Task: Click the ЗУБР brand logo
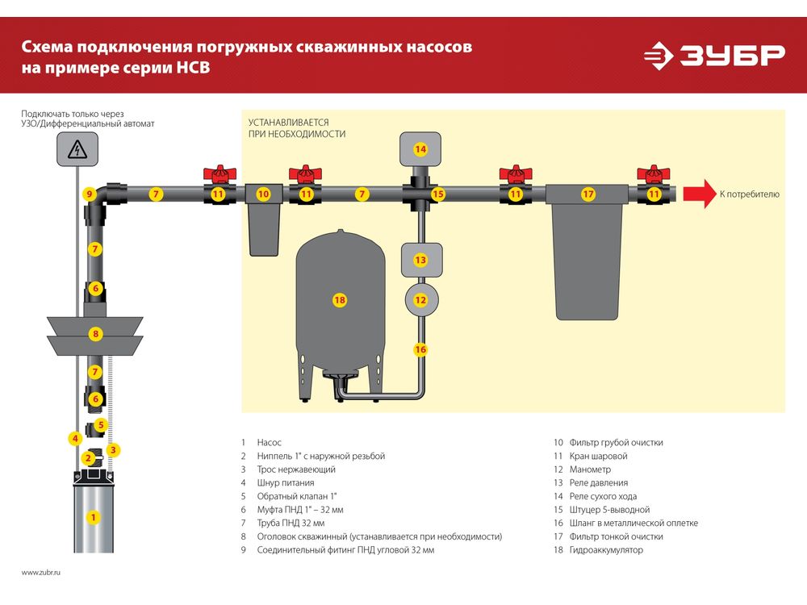point(714,56)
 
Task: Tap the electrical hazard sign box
point(77,149)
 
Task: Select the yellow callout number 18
point(339,300)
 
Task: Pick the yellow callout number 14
point(420,149)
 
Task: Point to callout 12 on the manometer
point(420,300)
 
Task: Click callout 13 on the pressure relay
point(420,260)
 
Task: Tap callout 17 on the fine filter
point(588,194)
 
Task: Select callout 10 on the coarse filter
point(263,194)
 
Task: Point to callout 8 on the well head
point(95,333)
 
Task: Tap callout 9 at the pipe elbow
point(90,194)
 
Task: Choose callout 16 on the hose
point(420,349)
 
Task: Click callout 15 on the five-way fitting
point(437,194)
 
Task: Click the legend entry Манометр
point(590,469)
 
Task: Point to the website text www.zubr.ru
point(41,572)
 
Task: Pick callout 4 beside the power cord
point(74,439)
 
